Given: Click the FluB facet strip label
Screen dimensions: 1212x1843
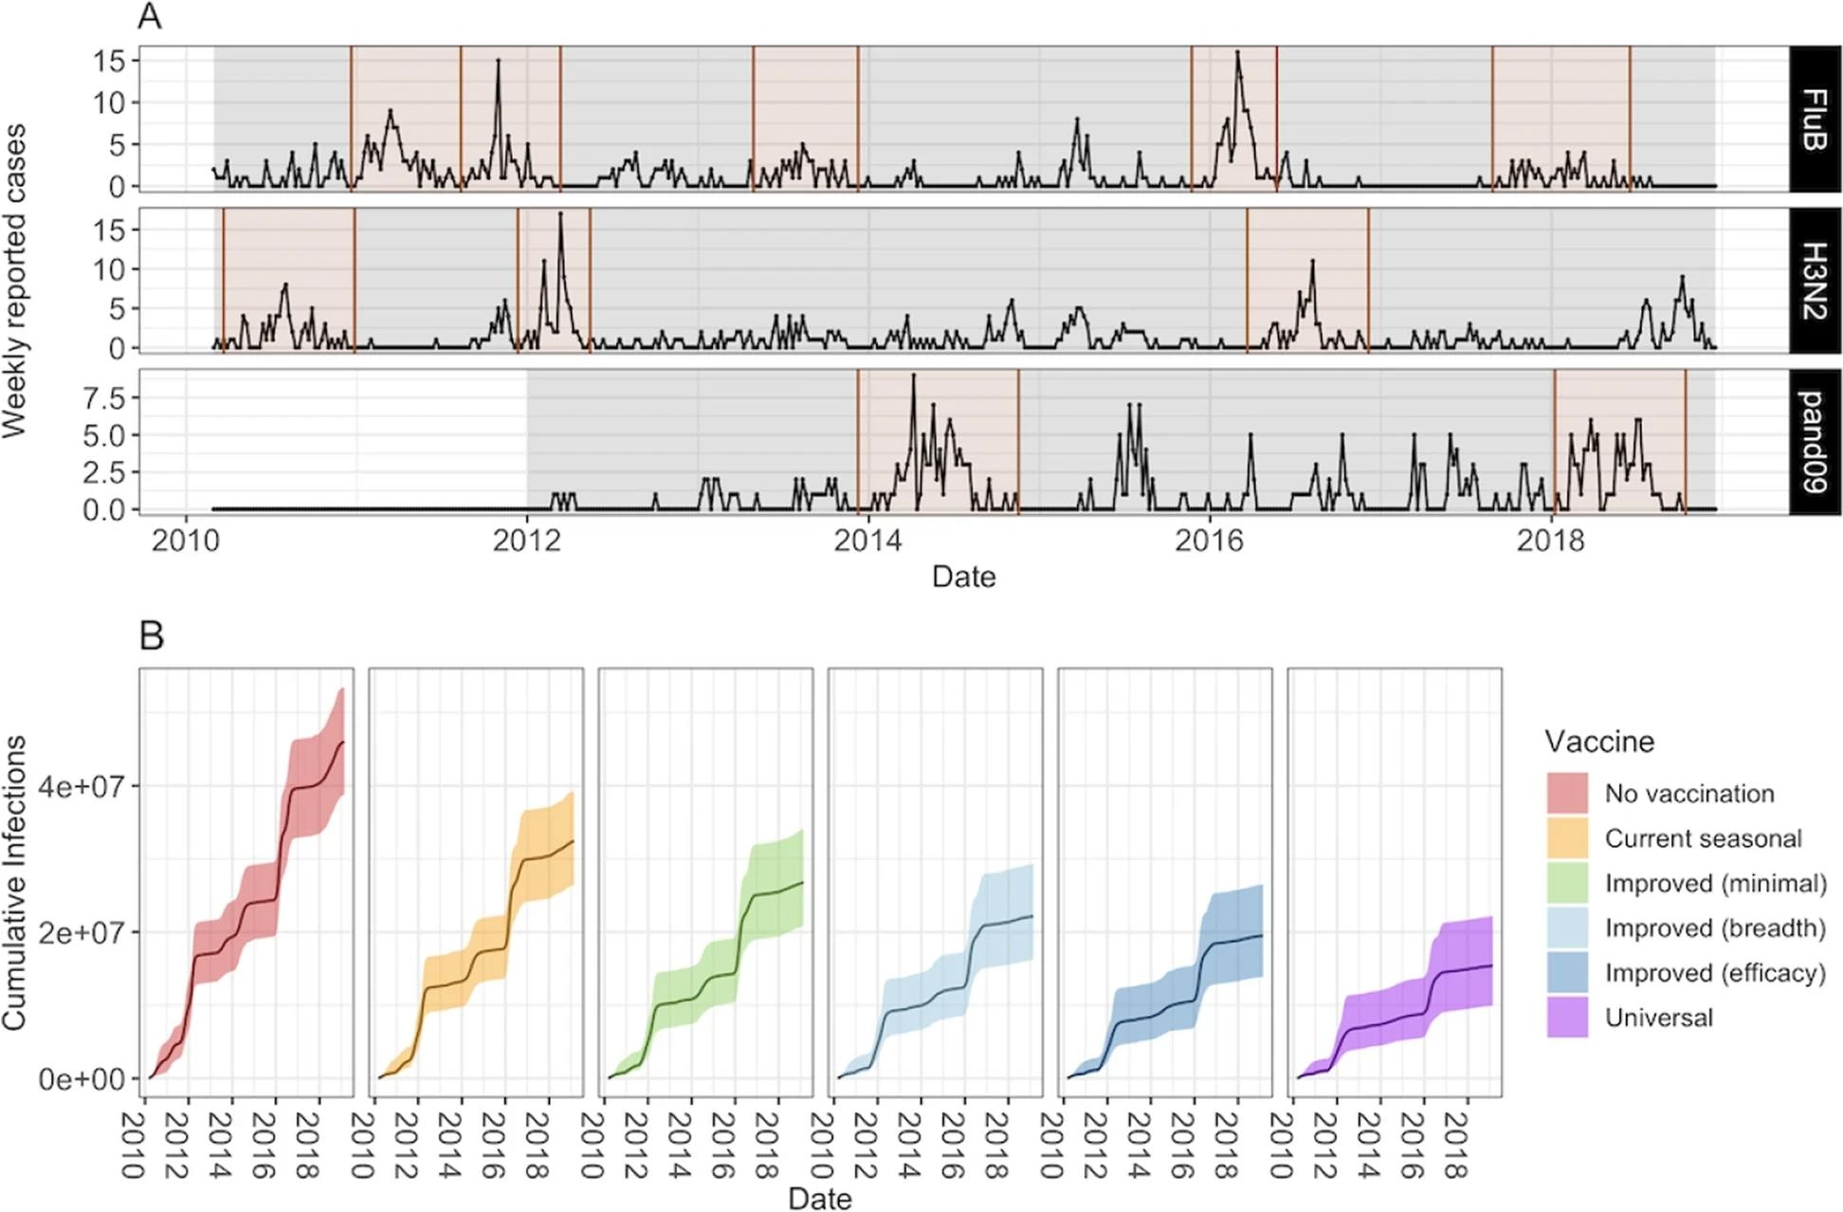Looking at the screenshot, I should pyautogui.click(x=1814, y=119).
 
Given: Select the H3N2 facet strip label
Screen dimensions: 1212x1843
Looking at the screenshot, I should pyautogui.click(x=1814, y=281).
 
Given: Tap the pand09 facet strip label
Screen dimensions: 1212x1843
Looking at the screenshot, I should pyautogui.click(x=1814, y=442).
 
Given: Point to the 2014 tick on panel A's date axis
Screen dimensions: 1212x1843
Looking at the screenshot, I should pyautogui.click(x=867, y=540).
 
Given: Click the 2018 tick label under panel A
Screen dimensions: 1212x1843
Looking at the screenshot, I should pyautogui.click(x=1550, y=540).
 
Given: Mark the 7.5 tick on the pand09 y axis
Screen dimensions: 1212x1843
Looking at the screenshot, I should pyautogui.click(x=103, y=398).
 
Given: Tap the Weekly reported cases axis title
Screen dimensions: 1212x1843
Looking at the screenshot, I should pyautogui.click(x=14, y=281).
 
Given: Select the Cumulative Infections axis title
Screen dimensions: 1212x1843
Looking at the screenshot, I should pyautogui.click(x=14, y=882).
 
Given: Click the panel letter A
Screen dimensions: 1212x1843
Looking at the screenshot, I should pyautogui.click(x=150, y=17).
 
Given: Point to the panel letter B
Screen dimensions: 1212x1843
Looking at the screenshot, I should pyautogui.click(x=152, y=635).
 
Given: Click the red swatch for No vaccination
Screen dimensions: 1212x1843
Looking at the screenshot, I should pyautogui.click(x=1567, y=793).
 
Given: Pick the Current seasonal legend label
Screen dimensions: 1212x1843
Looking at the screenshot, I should pyautogui.click(x=1703, y=838).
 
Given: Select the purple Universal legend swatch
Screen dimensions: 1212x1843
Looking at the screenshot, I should pyautogui.click(x=1567, y=1018).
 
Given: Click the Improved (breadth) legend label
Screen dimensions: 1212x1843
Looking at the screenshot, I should pyautogui.click(x=1714, y=927).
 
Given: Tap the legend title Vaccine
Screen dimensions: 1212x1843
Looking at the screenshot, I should pyautogui.click(x=1599, y=741).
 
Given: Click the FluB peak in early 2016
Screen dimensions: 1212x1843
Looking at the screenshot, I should pyautogui.click(x=1237, y=53).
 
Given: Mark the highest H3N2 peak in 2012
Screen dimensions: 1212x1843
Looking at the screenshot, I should pyautogui.click(x=560, y=214).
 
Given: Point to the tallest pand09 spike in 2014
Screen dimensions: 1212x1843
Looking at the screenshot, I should pyautogui.click(x=913, y=376).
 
